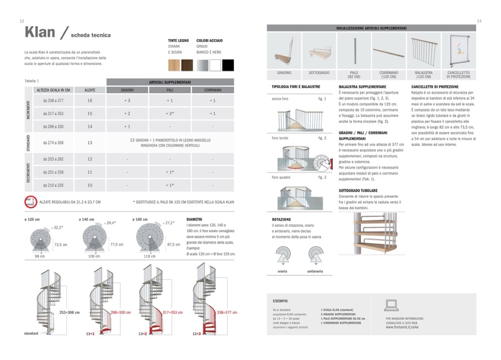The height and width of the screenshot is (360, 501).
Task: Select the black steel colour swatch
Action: click(228, 65)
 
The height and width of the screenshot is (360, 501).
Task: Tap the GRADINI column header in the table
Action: click(127, 90)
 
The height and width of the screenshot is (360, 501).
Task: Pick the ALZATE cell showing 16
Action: click(90, 100)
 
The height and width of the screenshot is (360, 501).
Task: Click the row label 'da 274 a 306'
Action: click(53, 143)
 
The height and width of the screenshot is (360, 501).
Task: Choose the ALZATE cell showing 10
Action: click(90, 185)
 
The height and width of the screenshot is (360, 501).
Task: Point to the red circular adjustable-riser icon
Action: click(30, 202)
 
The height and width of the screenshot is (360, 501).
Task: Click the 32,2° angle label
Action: click(60, 228)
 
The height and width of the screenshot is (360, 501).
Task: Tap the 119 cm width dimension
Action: click(150, 256)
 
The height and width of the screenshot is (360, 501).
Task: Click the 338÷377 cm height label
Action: click(227, 312)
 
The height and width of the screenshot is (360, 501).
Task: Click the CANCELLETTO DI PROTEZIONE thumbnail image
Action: click(458, 51)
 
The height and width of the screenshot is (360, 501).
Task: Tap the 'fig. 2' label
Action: click(322, 138)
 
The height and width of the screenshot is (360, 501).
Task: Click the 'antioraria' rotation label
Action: click(315, 271)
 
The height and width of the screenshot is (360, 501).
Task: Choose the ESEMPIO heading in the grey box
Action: click(280, 301)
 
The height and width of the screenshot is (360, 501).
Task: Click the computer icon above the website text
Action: click(392, 305)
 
